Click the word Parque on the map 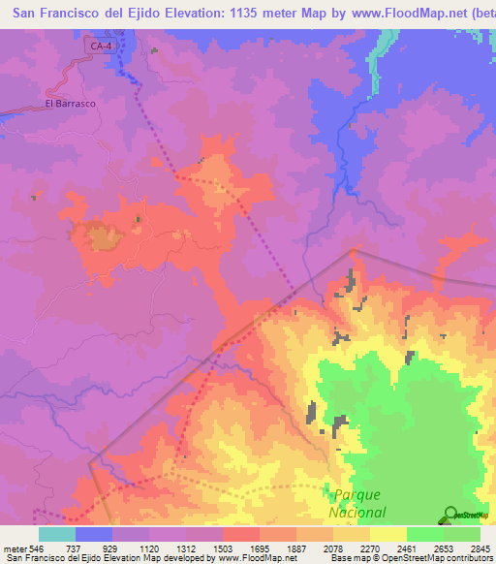coord(356,494)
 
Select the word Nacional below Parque coord(356,513)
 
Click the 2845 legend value coord(480,548)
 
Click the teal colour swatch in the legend coord(56,534)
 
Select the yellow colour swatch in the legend coord(387,534)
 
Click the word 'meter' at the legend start coord(14,548)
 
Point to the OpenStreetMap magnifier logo coord(449,513)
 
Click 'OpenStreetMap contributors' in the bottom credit coord(446,559)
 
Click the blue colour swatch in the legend coord(93,534)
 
